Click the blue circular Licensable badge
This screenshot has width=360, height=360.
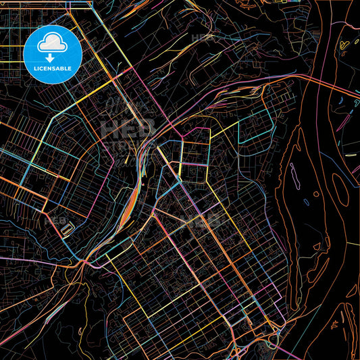point(53,54)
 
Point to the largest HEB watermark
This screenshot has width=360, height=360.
point(128,128)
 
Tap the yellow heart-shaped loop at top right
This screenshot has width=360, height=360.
point(345,45)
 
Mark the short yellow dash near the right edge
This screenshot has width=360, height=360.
point(350,155)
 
